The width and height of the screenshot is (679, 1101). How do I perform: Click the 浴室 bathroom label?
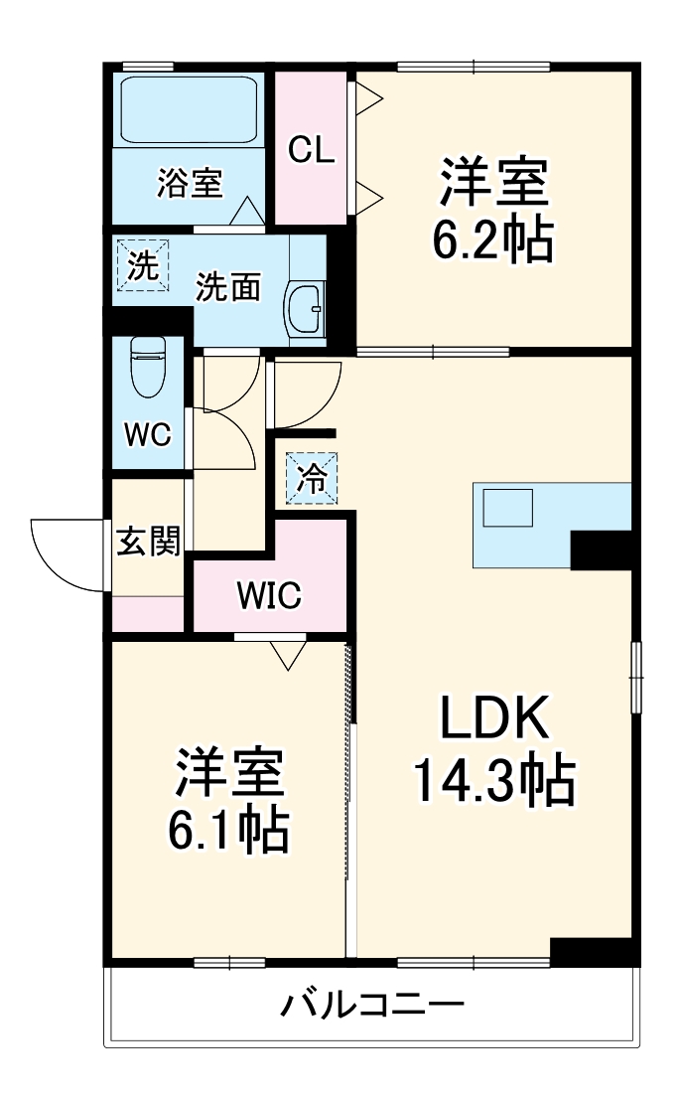click(189, 184)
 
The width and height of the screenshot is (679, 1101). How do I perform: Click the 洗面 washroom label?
click(227, 287)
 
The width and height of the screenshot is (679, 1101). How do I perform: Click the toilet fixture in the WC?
click(149, 368)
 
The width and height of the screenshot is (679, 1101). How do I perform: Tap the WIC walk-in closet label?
click(268, 595)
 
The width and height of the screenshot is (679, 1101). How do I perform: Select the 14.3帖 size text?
click(493, 781)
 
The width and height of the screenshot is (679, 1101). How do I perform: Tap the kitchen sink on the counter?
click(508, 508)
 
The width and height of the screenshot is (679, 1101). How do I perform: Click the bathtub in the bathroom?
click(190, 110)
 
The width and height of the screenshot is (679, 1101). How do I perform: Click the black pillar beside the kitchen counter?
click(602, 550)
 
